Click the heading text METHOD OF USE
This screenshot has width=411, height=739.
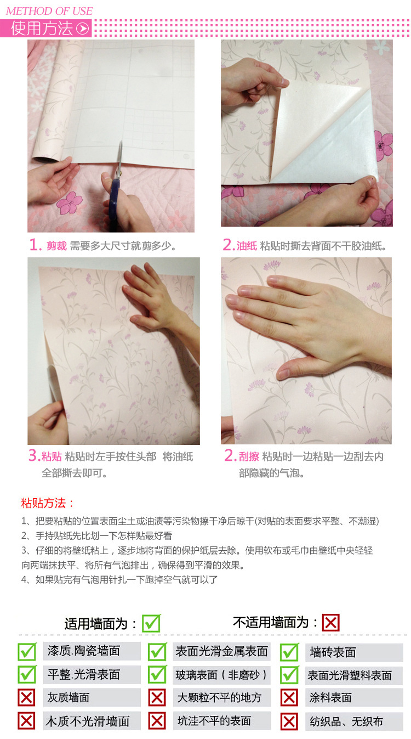click(x=49, y=11)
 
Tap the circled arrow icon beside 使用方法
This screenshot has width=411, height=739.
click(x=83, y=28)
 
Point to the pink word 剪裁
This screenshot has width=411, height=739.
click(x=56, y=246)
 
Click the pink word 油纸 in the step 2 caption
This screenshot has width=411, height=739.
click(x=247, y=246)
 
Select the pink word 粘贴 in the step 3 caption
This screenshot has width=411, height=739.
click(x=52, y=456)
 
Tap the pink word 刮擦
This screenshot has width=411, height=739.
click(x=249, y=456)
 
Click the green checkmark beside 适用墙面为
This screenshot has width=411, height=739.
click(x=151, y=623)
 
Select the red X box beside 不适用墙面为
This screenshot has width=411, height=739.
click(x=330, y=623)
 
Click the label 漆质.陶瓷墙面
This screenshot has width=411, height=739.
click(x=84, y=651)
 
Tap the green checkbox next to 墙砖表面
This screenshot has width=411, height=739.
click(x=289, y=652)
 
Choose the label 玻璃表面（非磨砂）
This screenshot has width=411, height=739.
click(x=221, y=675)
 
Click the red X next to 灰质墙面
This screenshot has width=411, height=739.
click(x=26, y=697)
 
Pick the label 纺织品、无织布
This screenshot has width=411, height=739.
click(x=346, y=721)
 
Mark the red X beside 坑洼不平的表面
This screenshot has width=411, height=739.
click(x=157, y=721)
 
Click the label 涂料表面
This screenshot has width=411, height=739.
click(x=330, y=698)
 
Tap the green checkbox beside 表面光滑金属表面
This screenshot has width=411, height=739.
click(x=157, y=652)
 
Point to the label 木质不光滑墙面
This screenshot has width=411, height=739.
click(x=88, y=721)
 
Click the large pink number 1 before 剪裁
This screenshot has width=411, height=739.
click(x=35, y=245)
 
